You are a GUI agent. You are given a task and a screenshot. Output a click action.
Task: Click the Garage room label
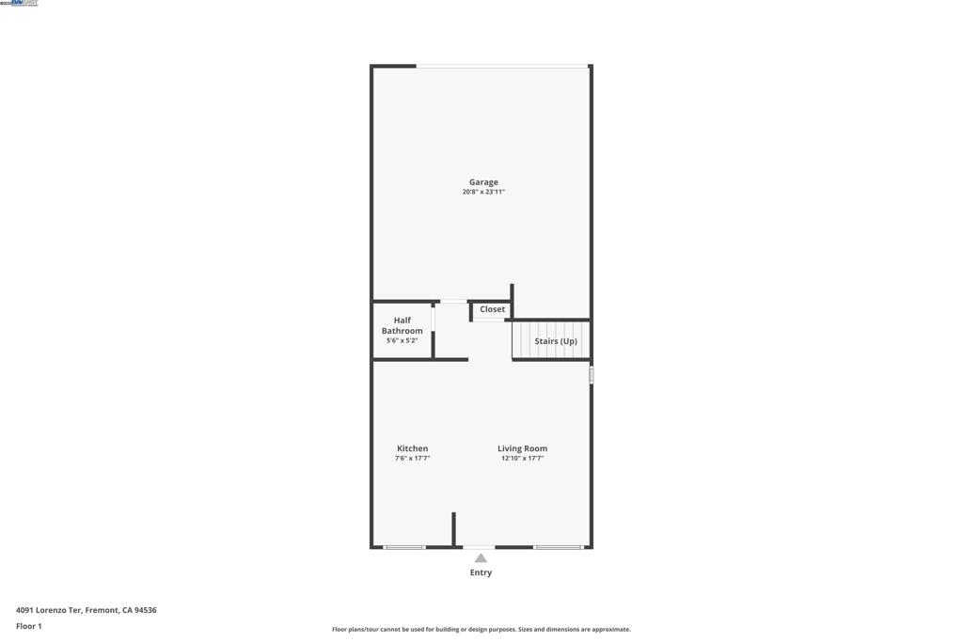point(483,182)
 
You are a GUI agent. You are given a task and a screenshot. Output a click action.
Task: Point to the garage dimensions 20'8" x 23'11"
point(483,192)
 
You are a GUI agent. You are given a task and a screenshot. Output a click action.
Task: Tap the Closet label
point(492,309)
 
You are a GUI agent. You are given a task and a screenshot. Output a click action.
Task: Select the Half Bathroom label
point(402,325)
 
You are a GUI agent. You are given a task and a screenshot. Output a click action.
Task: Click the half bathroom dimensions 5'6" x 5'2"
point(402,341)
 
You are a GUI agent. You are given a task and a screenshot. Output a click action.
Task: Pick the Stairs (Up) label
point(556,341)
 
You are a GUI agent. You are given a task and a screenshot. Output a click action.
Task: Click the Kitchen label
point(412,448)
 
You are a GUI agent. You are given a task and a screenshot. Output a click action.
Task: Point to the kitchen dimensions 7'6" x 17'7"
point(412,459)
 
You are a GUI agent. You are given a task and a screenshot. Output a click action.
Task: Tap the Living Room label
point(522,448)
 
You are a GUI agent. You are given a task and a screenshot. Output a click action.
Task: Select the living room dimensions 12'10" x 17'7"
point(522,459)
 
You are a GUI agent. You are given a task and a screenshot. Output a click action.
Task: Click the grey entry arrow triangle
point(481,558)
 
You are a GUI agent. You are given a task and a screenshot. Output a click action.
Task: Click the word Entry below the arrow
point(481,572)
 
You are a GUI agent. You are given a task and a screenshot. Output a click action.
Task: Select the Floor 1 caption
point(29,626)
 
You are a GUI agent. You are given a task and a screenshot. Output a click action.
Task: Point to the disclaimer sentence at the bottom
point(481,630)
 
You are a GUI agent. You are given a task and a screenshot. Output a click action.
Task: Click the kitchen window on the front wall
point(404,547)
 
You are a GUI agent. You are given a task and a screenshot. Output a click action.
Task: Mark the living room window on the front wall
point(559,547)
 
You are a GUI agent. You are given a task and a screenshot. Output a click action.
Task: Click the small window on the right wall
point(592,375)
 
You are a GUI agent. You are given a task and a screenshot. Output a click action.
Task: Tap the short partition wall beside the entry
point(453,528)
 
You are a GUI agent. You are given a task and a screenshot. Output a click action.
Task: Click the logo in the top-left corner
point(20,4)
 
